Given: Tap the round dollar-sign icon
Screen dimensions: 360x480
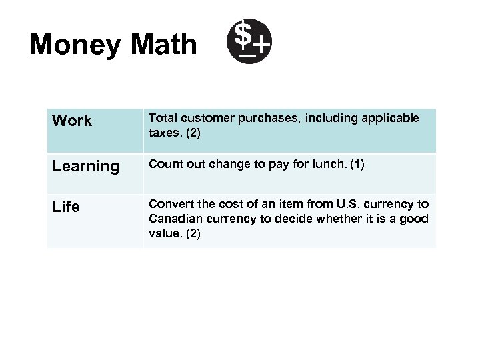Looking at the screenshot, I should (248, 41).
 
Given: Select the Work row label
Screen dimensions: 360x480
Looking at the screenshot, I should (72, 121).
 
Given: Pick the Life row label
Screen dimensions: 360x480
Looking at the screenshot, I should (66, 207).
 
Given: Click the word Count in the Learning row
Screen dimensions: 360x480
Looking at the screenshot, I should (163, 164).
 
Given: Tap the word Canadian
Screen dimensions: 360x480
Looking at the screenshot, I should (173, 219).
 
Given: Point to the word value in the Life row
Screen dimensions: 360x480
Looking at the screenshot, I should (163, 234).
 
